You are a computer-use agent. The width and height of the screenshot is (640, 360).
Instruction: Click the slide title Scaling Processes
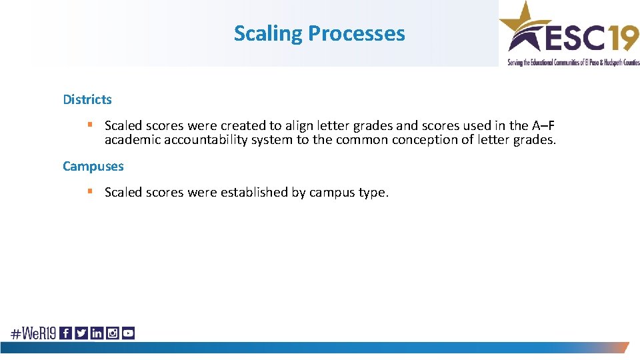point(319,33)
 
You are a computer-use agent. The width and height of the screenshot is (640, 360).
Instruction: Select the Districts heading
point(87,99)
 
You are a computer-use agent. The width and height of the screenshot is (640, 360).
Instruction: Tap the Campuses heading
point(93,166)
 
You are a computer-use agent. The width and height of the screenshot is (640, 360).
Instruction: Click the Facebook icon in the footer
point(65,333)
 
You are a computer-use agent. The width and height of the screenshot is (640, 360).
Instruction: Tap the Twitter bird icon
point(81,333)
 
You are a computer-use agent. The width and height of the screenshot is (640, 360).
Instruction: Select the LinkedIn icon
point(97,333)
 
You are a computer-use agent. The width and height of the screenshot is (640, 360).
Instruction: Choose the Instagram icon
point(112,333)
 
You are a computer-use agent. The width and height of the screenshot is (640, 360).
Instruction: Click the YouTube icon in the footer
point(128,333)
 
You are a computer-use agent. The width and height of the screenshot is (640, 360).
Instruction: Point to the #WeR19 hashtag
point(33,333)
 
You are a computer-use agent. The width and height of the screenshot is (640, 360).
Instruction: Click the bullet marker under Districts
point(89,125)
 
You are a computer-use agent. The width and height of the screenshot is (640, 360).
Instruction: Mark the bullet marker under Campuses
point(89,191)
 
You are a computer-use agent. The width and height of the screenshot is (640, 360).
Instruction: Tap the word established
point(255,192)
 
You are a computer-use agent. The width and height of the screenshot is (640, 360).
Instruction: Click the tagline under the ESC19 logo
point(573,62)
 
